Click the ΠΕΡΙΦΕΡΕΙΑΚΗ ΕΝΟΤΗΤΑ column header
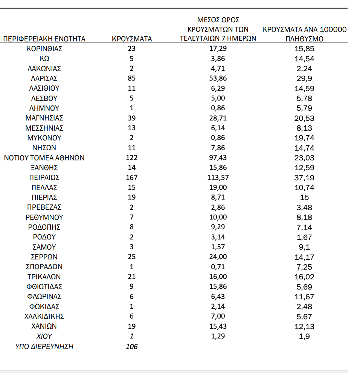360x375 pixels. coord(44,39)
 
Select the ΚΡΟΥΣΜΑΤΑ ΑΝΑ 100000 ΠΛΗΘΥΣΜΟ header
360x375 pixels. coord(304,34)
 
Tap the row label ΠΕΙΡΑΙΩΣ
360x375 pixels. coord(44,177)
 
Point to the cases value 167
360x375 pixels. coord(132,177)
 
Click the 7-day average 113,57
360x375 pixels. coord(218,177)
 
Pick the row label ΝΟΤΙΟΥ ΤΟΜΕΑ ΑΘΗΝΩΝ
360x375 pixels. coord(44,158)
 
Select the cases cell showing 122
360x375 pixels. coord(132,158)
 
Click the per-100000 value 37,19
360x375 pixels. coord(304,178)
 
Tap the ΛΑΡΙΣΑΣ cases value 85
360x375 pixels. coord(132,78)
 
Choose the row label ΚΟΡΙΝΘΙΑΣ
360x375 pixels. coord(44,49)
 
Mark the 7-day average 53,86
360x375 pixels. coord(218,78)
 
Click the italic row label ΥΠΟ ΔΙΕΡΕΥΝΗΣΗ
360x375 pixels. coord(44,346)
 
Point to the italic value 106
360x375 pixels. coord(132,346)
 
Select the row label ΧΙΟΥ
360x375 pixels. coord(44,336)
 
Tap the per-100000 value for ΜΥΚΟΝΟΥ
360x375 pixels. coord(304,138)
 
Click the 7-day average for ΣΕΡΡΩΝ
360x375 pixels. coord(218,257)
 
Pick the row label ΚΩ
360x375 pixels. coord(44,58)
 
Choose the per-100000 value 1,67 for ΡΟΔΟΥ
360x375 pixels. coord(304,237)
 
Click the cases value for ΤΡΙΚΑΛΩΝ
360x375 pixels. coord(132,277)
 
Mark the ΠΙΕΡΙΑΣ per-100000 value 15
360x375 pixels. coord(304,197)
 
